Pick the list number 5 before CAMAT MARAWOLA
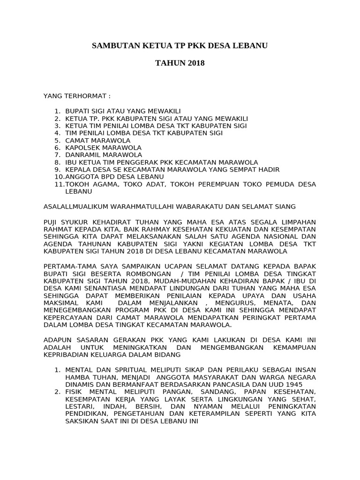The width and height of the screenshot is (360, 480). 57,140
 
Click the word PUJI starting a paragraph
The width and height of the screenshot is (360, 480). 51,221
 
